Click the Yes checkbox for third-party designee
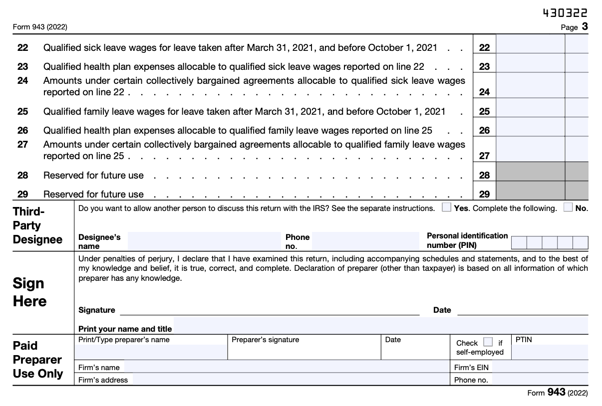tap(447, 208)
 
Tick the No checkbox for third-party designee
tap(568, 208)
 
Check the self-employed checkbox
tap(488, 342)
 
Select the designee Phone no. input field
tap(366, 241)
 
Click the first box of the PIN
tap(519, 243)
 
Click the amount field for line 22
tap(530, 48)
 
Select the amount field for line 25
tap(530, 111)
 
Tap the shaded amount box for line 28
tap(530, 175)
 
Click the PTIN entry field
tap(550, 352)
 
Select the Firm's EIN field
tap(540, 368)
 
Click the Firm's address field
tap(290, 380)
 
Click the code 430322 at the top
tap(565, 13)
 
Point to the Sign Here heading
tap(29, 292)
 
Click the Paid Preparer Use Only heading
tap(37, 360)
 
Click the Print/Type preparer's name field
tap(151, 352)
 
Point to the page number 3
tap(585, 27)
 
